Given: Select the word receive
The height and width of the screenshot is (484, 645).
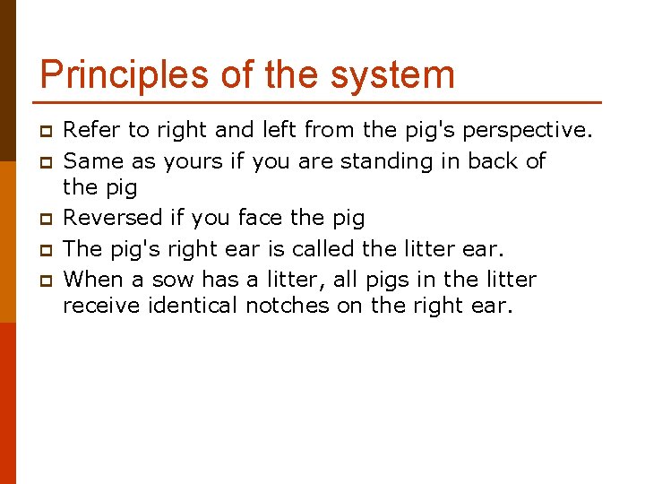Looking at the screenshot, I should coord(100,306).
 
